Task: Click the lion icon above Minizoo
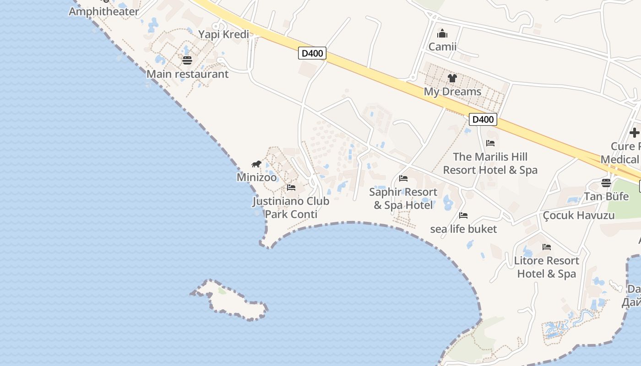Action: coord(256,164)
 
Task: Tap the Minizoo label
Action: coord(256,177)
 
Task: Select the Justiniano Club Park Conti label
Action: coord(291,208)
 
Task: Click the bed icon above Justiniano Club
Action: coord(291,188)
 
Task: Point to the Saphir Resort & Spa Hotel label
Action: coord(403,199)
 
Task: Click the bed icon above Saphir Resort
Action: coord(403,178)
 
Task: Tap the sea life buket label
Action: coord(463,229)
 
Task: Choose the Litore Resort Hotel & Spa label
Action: coord(546,267)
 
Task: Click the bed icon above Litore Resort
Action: coord(546,247)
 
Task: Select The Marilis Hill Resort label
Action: coord(490,163)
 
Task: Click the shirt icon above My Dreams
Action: coord(452,78)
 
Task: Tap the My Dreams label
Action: coord(452,91)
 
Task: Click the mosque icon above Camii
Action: coord(442,33)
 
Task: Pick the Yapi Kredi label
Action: coord(223,34)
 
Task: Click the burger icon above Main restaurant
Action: coord(187,60)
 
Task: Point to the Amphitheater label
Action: coord(103,11)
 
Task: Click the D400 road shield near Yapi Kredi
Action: coord(312,53)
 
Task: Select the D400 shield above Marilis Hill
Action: coord(483,119)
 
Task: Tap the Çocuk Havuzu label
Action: coord(578,215)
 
